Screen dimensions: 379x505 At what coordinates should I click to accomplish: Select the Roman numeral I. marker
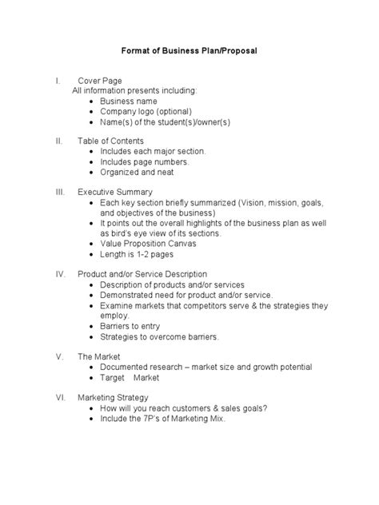pyautogui.click(x=57, y=82)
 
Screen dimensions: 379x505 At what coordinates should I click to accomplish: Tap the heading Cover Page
pyautogui.click(x=100, y=82)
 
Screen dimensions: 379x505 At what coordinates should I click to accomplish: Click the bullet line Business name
pyautogui.click(x=130, y=101)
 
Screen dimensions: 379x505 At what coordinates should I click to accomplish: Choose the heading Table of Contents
pyautogui.click(x=110, y=141)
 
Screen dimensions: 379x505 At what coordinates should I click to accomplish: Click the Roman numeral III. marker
pyautogui.click(x=59, y=192)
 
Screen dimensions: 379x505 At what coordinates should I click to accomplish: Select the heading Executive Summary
pyautogui.click(x=115, y=192)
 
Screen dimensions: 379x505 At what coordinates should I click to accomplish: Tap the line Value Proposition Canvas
pyautogui.click(x=148, y=243)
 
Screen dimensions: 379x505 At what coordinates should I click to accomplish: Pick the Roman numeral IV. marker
pyautogui.click(x=59, y=274)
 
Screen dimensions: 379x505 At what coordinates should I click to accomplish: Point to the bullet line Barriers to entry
pyautogui.click(x=131, y=326)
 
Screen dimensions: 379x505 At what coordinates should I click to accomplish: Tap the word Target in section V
pyautogui.click(x=113, y=377)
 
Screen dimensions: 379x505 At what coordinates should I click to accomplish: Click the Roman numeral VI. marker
pyautogui.click(x=59, y=397)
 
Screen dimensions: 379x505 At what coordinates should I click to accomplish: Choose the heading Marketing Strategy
pyautogui.click(x=113, y=397)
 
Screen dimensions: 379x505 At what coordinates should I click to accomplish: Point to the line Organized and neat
pyautogui.click(x=137, y=172)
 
